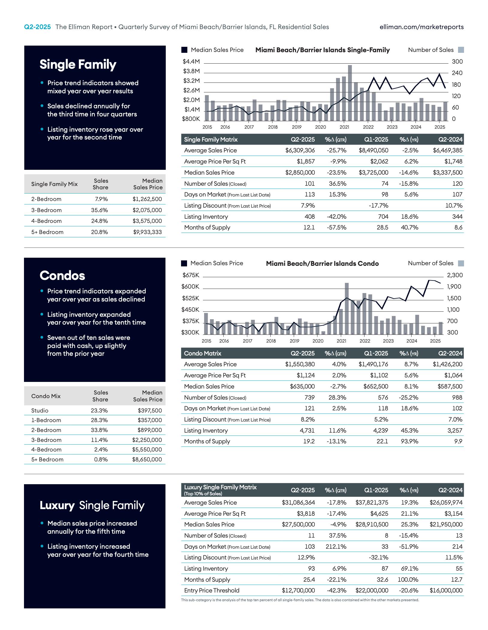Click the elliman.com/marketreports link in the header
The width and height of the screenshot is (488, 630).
point(421,27)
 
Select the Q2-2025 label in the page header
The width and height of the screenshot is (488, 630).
point(37,27)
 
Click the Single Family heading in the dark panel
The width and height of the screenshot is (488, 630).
point(78,64)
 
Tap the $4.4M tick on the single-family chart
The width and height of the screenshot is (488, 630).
point(191,61)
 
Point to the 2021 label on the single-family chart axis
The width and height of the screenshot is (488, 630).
point(344,127)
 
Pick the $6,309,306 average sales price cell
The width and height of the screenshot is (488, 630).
point(300,150)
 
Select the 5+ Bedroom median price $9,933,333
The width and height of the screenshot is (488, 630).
point(147,232)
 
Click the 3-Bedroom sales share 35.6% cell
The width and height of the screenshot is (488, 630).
point(100,210)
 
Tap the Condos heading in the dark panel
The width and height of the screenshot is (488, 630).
point(62,276)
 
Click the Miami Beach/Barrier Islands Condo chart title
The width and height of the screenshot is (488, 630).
point(322,263)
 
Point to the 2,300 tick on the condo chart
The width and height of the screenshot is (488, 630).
point(455,275)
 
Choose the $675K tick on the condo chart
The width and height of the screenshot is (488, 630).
point(191,275)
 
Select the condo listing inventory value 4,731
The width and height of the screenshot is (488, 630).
point(307,430)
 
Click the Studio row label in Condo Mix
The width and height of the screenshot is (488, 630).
point(40,410)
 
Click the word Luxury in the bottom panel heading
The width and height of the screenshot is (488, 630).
point(57,505)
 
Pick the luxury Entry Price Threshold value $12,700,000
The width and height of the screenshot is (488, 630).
point(298,590)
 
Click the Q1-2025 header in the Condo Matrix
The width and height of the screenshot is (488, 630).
point(376,353)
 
